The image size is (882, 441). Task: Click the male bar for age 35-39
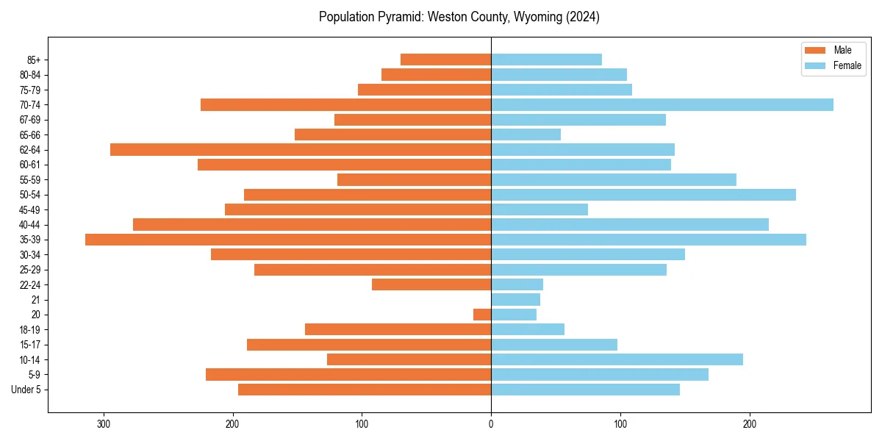[288, 240]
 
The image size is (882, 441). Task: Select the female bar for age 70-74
[661, 104]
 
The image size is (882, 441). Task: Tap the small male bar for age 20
[482, 315]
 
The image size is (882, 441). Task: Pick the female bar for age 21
[515, 299]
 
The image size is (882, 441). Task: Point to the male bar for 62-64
[301, 149]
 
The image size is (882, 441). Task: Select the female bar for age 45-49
[539, 209]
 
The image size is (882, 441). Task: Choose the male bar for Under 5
[365, 390]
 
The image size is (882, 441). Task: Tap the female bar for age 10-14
[617, 359]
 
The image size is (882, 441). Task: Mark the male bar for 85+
[445, 60]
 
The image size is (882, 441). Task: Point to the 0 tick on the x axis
[491, 424]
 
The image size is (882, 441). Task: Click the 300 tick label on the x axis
[104, 424]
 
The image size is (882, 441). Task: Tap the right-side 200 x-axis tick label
[750, 424]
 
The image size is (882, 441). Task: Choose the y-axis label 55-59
[30, 179]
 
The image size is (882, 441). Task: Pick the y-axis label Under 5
[26, 390]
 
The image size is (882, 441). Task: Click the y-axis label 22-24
[30, 284]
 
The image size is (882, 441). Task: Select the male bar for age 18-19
[398, 329]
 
